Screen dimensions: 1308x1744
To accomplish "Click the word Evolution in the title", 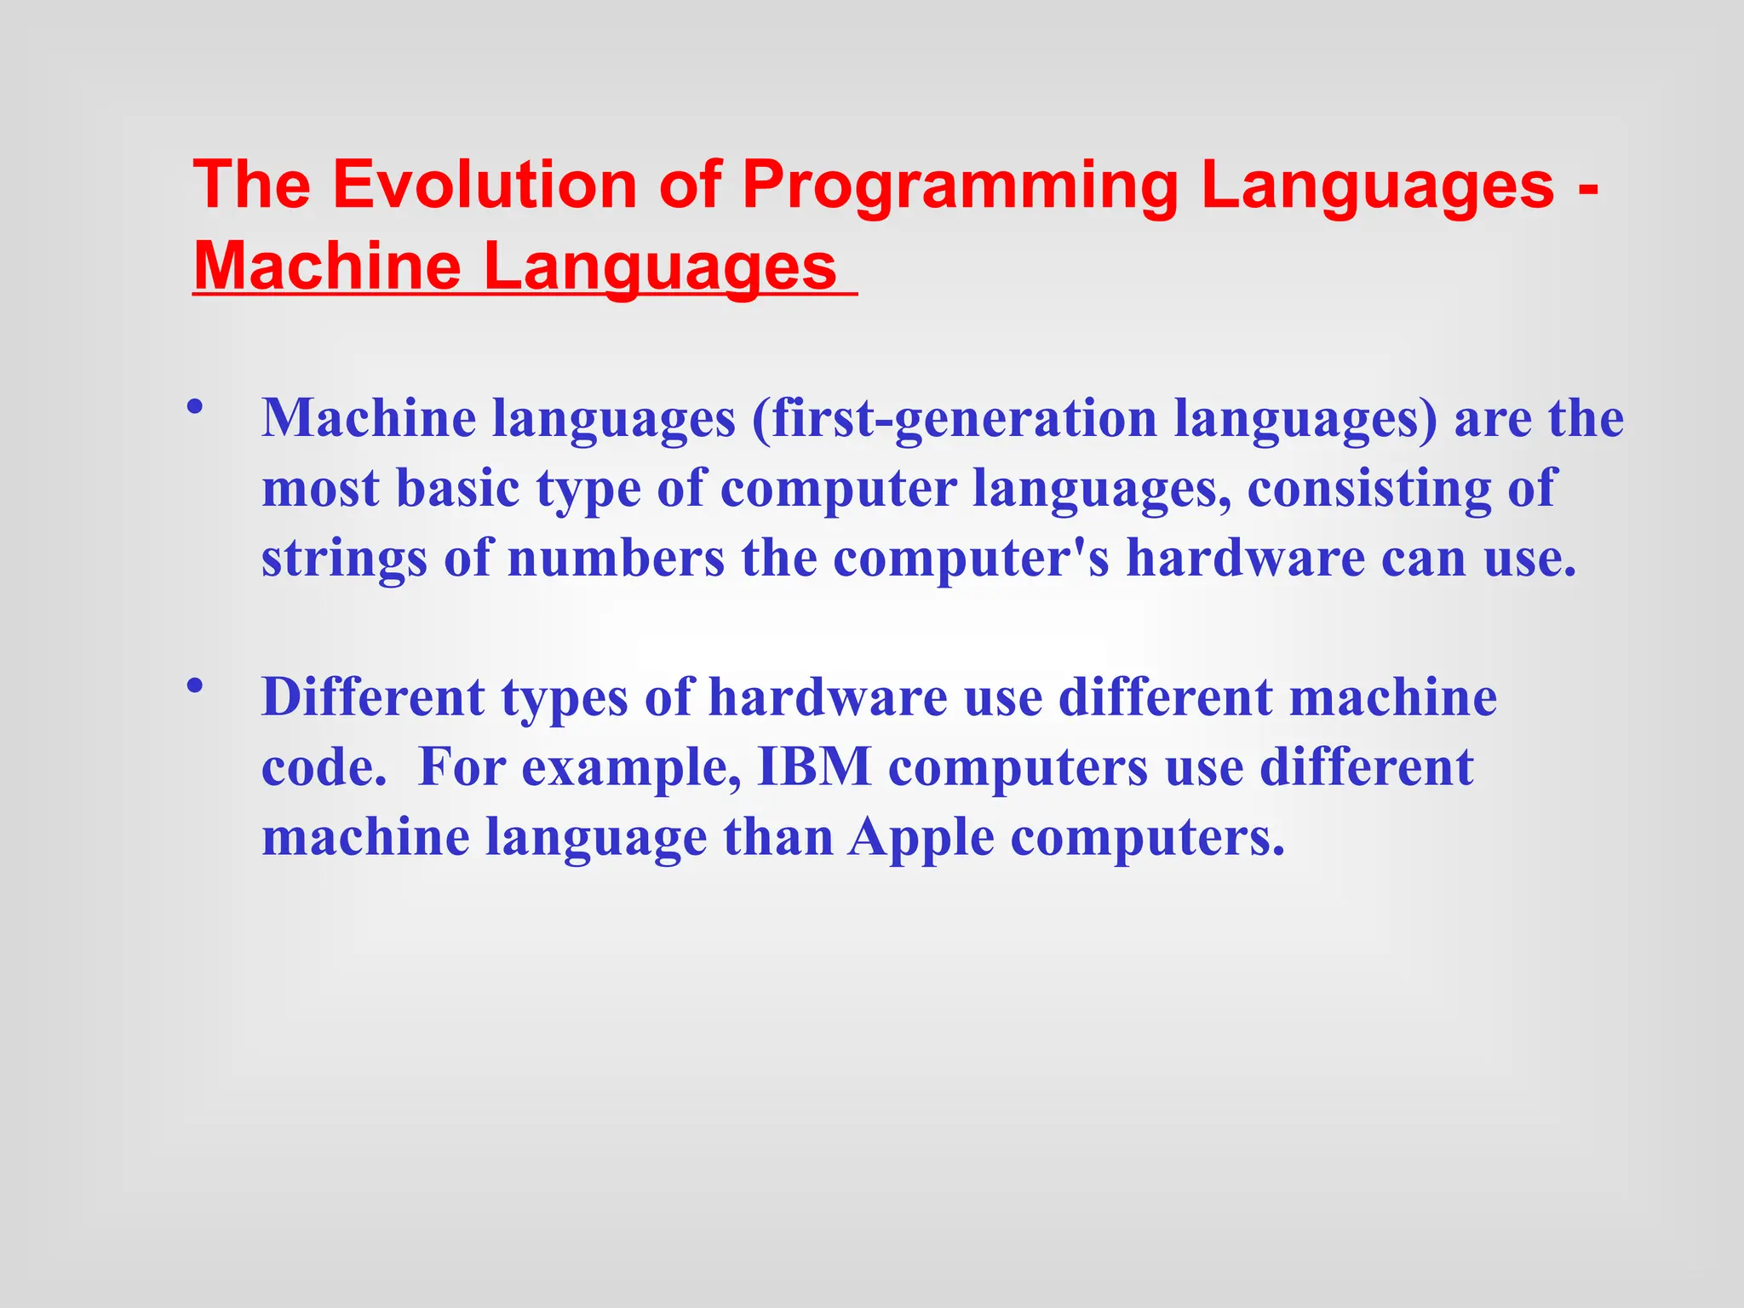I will pos(484,185).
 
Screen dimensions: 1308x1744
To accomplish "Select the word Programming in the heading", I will pos(959,185).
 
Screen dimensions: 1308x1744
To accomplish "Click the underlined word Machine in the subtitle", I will pos(327,267).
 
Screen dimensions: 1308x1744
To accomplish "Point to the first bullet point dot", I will pos(196,406).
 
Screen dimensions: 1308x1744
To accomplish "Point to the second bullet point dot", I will pos(196,685).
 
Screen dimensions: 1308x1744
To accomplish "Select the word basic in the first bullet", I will pos(457,489).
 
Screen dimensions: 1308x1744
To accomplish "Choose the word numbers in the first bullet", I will pos(616,559).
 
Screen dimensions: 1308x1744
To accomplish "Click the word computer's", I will pos(971,559).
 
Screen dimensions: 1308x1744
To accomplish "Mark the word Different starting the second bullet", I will pos(373,697).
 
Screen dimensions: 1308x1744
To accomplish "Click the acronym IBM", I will pos(814,767).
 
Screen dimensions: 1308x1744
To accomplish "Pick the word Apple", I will pos(921,839).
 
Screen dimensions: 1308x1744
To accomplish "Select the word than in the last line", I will pos(778,837).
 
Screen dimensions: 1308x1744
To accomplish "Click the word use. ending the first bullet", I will pos(1530,559).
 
